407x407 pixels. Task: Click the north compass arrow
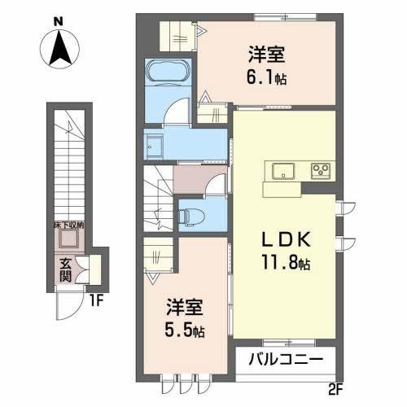[60, 48]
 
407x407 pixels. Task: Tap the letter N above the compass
[59, 20]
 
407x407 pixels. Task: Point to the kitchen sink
[285, 171]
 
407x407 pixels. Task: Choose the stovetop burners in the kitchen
[321, 171]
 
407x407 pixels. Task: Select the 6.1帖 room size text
[268, 80]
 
